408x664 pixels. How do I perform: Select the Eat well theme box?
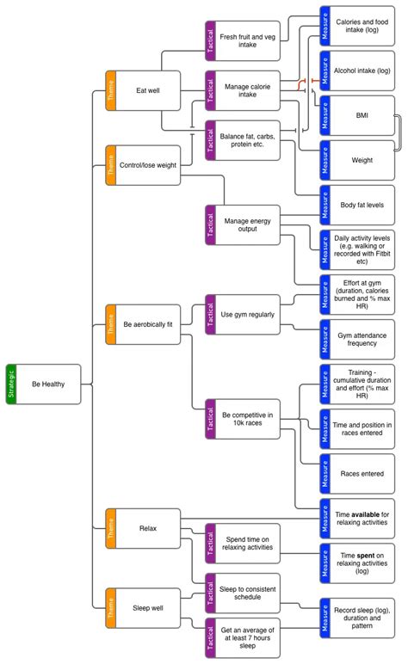(147, 89)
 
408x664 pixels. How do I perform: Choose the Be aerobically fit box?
(147, 323)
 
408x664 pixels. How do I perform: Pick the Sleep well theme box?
(147, 607)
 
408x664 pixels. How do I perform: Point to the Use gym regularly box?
(249, 315)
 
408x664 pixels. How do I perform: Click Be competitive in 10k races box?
(249, 419)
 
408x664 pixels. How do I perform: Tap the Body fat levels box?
(362, 206)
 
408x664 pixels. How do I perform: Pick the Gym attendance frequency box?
(362, 339)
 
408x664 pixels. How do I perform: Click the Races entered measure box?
(362, 473)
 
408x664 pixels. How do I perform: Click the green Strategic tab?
(11, 384)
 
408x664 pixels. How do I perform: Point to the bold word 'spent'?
(364, 557)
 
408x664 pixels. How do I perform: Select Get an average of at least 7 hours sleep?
(249, 636)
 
